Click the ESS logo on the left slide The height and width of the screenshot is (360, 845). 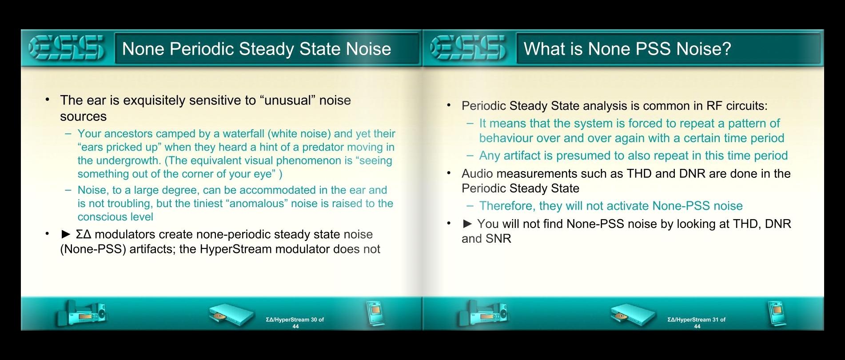click(67, 48)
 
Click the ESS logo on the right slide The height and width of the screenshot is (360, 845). click(468, 48)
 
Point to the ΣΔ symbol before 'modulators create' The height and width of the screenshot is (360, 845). click(84, 234)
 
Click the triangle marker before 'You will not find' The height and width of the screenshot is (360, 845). click(467, 224)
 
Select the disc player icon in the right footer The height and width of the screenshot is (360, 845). click(633, 315)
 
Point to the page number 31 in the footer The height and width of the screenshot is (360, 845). click(715, 320)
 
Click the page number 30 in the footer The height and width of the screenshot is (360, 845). click(314, 320)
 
